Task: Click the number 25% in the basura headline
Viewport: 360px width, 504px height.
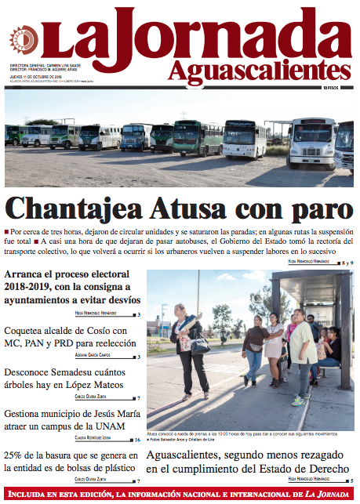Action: pos(14,455)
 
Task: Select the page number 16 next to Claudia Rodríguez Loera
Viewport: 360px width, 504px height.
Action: pos(137,440)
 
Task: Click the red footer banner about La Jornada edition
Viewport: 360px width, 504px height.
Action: pos(180,495)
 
